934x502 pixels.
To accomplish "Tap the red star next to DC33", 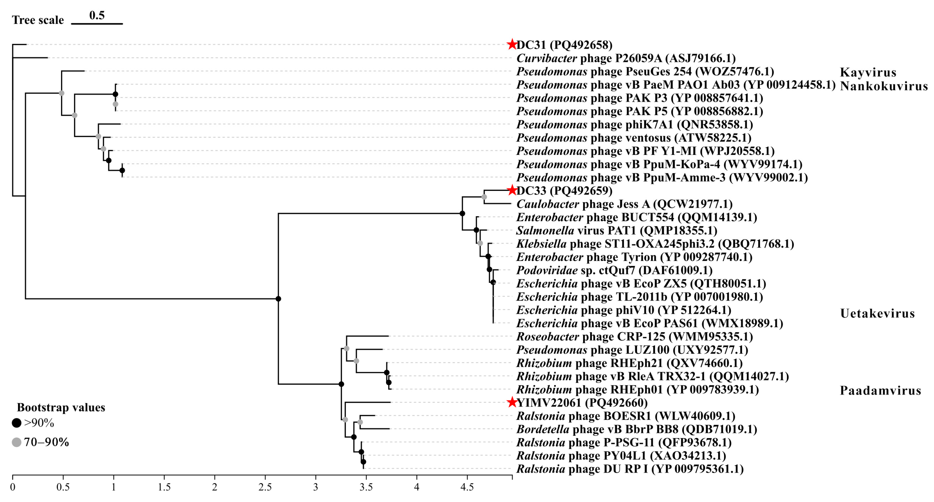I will pos(512,190).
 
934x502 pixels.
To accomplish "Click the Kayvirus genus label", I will pos(868,72).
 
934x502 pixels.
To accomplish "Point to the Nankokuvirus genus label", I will pos(884,86).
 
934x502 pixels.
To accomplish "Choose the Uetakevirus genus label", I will pos(877,313).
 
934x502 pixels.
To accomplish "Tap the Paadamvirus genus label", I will pos(880,390).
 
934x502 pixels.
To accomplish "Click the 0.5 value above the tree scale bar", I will pos(97,15).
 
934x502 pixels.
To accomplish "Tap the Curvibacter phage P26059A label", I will pos(626,58).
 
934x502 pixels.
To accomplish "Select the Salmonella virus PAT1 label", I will pos(616,230).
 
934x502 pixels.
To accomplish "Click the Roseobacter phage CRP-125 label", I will pos(634,336).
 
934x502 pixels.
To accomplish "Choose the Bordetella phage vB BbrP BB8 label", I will pos(637,429).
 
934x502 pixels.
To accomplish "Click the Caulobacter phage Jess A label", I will pos(624,204).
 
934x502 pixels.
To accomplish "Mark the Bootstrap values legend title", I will pos(61,407).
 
